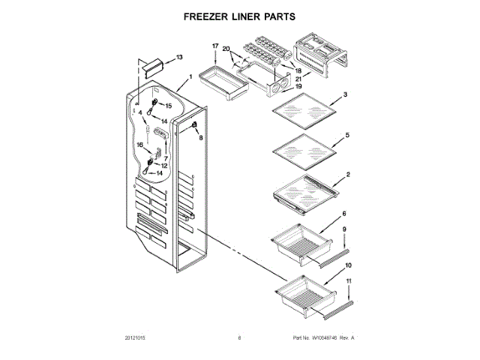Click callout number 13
178,58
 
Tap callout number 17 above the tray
214,46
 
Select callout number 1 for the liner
190,76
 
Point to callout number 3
346,94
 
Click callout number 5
346,136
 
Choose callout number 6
344,214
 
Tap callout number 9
344,229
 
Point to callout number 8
201,137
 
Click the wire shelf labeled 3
304,112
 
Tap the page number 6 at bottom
239,338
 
